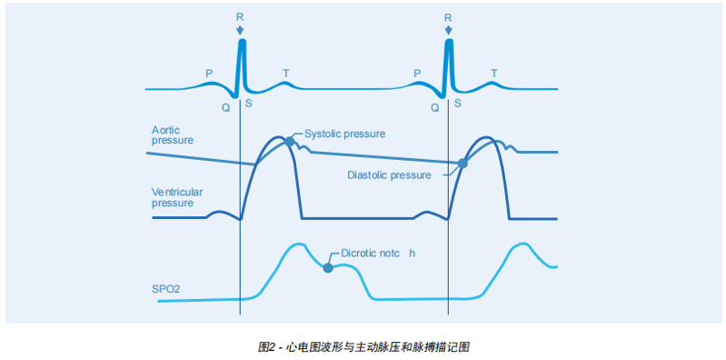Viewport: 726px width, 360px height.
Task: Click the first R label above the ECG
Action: coord(240,17)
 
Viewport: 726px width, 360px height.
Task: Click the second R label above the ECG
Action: coord(448,17)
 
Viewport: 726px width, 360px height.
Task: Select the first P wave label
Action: coord(210,73)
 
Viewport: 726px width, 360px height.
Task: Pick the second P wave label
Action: coord(417,73)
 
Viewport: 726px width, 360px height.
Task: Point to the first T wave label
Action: coord(286,73)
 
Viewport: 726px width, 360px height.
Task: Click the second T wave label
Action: coord(494,73)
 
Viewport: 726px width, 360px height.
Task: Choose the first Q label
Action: coord(225,106)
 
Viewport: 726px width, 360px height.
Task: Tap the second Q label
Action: coord(434,106)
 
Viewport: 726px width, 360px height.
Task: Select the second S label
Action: coord(458,104)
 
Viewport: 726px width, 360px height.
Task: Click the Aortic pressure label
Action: coord(172,136)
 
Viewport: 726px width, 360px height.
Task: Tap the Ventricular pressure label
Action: coord(176,197)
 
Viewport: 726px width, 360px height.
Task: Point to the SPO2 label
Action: coord(166,288)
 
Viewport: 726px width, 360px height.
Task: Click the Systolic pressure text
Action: coord(343,133)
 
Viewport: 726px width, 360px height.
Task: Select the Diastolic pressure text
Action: coord(389,175)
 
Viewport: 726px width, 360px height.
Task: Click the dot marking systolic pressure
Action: coord(289,142)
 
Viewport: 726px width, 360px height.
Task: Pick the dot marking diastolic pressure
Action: coord(462,164)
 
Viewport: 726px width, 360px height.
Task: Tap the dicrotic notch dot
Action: coord(327,268)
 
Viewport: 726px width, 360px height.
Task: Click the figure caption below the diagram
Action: coord(363,347)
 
